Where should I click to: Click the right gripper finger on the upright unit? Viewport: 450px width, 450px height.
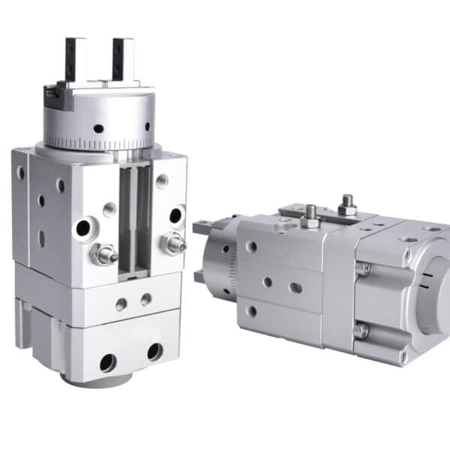(x=123, y=58)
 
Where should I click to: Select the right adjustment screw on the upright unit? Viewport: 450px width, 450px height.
(x=174, y=242)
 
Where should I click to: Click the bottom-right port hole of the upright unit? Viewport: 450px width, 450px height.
(x=154, y=351)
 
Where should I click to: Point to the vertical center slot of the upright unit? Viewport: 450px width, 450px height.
(x=135, y=217)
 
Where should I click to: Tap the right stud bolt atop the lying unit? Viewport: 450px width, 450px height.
(x=347, y=205)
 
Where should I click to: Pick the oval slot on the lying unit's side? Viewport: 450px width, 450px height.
(x=296, y=287)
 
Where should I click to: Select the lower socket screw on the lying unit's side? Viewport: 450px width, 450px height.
(x=361, y=329)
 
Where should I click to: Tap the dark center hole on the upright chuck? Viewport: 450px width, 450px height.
(x=98, y=128)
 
